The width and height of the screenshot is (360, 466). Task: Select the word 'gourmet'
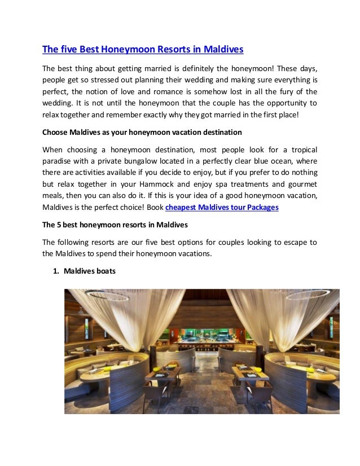[302, 184]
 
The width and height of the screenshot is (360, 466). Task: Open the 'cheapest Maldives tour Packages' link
[222, 207]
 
